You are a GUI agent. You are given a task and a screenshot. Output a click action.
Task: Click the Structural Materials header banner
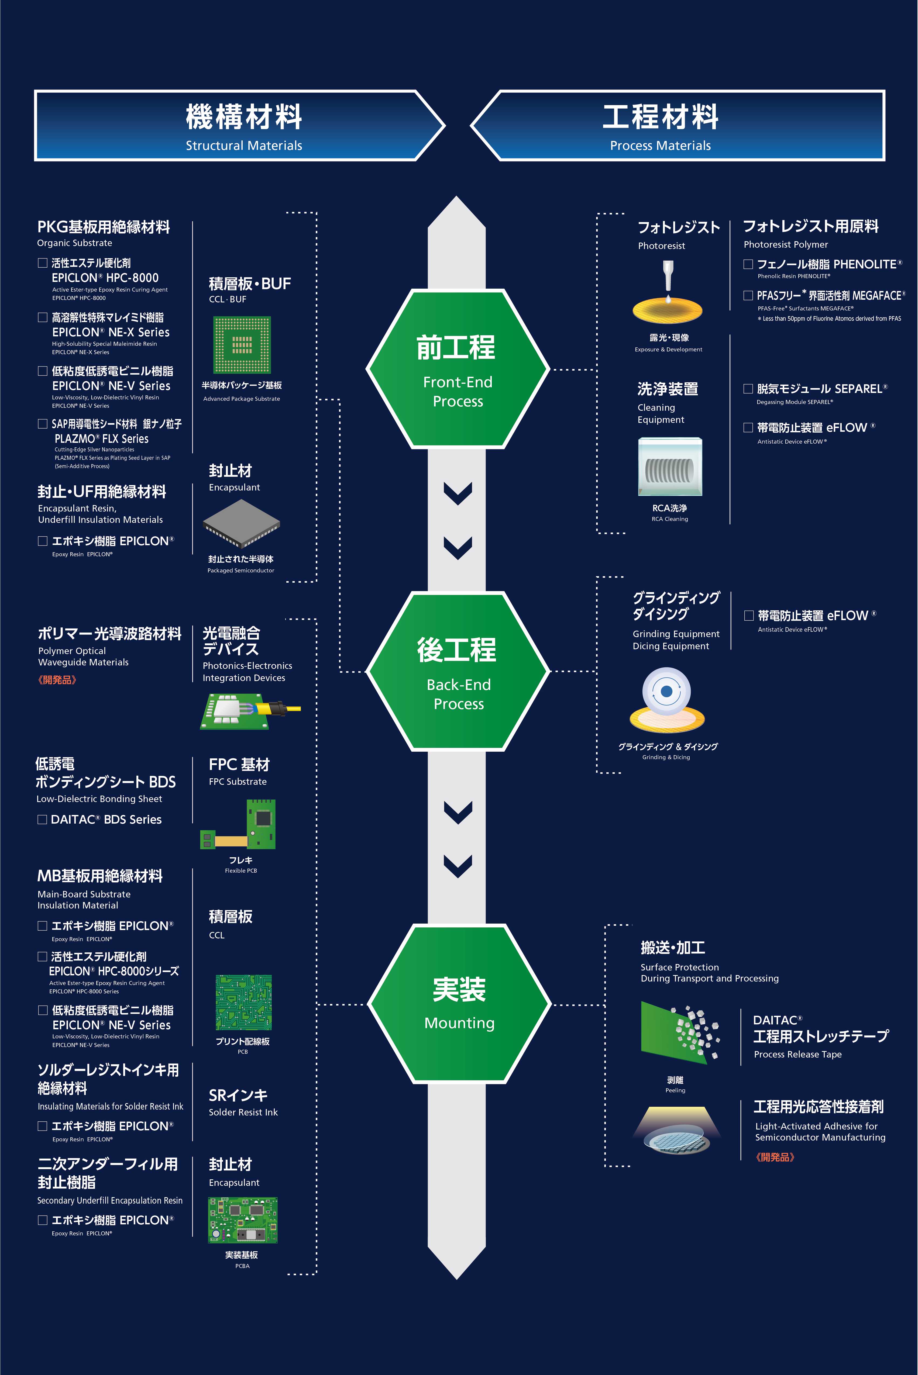click(237, 125)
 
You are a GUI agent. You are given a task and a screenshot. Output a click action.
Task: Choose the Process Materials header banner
click(679, 125)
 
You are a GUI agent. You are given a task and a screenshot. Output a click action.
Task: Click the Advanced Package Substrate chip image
click(242, 345)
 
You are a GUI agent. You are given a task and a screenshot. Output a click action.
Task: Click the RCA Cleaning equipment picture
click(670, 467)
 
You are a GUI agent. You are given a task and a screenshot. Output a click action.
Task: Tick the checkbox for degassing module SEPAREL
click(748, 389)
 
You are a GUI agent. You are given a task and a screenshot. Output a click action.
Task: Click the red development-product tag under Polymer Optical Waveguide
click(57, 680)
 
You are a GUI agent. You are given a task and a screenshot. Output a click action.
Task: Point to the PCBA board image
click(242, 1220)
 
